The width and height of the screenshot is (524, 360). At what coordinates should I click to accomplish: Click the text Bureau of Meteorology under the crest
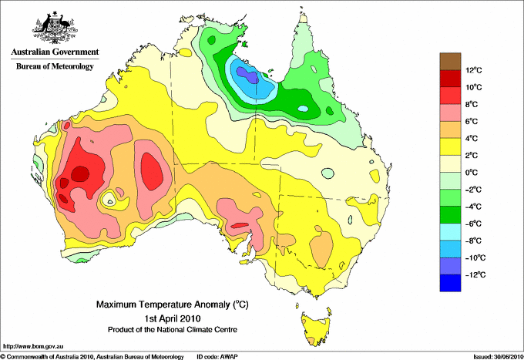[54, 66]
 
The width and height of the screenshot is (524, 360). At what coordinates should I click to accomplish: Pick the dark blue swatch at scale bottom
[450, 283]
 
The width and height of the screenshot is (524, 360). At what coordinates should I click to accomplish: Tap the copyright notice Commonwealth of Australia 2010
[92, 356]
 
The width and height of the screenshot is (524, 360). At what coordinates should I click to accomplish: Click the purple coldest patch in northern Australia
[246, 74]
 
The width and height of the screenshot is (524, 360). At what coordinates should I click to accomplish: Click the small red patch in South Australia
[240, 224]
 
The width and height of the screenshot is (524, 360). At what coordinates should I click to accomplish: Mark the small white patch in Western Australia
[113, 201]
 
